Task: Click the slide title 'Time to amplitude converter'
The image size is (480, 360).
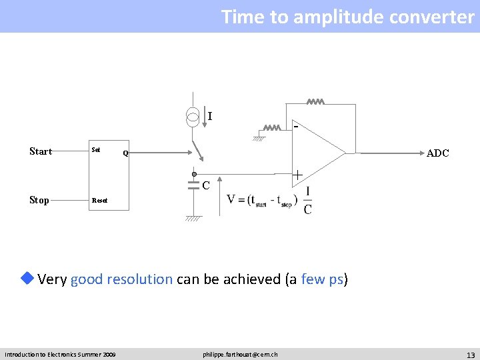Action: point(347,17)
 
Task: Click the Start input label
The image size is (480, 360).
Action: point(41,151)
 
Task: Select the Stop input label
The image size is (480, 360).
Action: point(39,200)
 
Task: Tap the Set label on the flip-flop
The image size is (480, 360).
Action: point(96,150)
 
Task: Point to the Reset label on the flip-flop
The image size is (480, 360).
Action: point(99,200)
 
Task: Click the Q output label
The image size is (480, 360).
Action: point(125,153)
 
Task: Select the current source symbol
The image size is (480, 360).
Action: point(192,117)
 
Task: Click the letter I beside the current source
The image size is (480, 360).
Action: point(210,117)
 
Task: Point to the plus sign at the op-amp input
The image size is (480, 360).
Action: point(297,175)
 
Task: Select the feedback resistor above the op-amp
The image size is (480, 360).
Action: point(315,103)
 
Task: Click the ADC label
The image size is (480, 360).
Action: point(437,153)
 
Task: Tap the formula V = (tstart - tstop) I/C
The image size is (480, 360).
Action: point(270,200)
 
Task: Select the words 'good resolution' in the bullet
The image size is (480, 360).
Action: point(121,279)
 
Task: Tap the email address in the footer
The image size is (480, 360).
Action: point(240,354)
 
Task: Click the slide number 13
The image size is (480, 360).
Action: point(470,354)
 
